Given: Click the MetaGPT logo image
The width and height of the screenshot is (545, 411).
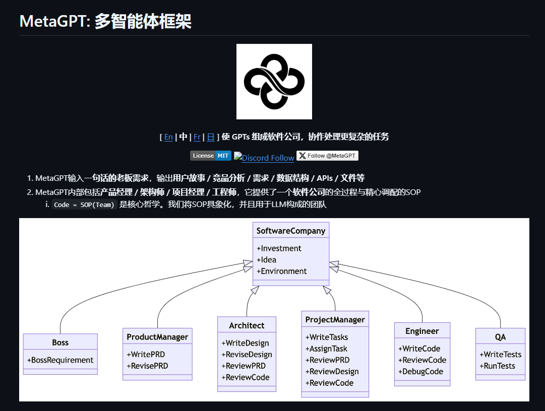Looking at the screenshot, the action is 274,82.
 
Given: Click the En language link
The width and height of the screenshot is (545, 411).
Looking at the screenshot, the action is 168,137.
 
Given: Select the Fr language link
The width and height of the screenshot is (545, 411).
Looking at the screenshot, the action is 197,137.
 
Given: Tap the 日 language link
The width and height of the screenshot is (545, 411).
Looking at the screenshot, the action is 211,137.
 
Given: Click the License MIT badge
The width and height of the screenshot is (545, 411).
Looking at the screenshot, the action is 211,156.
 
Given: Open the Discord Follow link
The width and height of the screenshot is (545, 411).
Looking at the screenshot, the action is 264,158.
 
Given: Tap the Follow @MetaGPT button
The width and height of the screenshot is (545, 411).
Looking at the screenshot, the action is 327,156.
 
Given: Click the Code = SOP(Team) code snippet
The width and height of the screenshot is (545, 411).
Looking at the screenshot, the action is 84,204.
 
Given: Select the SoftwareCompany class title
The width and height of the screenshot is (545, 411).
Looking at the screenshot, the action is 291,231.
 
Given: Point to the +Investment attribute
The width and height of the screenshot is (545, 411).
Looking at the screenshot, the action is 279,248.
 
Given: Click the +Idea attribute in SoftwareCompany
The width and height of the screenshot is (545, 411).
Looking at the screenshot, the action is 266,260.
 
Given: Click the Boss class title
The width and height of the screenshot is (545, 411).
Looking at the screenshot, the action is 60,342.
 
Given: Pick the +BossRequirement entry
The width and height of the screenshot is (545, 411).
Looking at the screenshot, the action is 60,360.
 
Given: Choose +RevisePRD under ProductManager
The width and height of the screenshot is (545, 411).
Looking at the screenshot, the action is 147,366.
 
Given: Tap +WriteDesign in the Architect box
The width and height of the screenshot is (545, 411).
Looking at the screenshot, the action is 246,343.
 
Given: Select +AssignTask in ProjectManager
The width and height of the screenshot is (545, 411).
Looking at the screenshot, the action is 326,349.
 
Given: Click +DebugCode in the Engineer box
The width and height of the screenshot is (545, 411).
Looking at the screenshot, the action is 421,371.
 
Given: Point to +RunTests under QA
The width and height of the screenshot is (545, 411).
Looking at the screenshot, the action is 498,366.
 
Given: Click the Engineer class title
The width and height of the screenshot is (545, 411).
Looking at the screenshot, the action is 422,331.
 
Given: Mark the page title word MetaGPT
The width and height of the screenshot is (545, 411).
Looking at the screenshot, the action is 52,21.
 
